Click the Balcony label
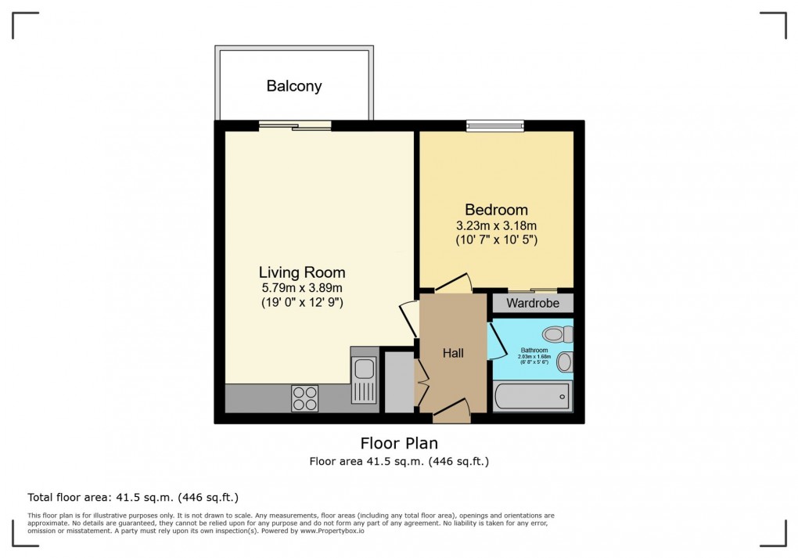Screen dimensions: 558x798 click(294, 86)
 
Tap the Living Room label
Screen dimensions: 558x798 click(302, 272)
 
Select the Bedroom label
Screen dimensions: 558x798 click(496, 210)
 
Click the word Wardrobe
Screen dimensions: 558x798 click(532, 303)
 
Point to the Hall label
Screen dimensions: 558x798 click(453, 353)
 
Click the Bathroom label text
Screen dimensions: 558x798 click(534, 350)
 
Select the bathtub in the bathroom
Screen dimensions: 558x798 click(532, 396)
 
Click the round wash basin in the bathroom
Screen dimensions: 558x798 click(565, 362)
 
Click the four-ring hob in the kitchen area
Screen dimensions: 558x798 click(305, 399)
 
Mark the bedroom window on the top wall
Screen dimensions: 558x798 click(494, 125)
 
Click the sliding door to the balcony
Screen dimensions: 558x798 click(295, 125)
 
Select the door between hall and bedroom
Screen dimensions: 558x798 click(452, 283)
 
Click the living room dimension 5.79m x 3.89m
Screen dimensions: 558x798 click(302, 288)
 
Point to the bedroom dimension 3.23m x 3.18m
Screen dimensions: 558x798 click(496, 225)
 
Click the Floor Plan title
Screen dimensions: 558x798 click(399, 444)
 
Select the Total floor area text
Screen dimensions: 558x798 click(133, 497)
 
